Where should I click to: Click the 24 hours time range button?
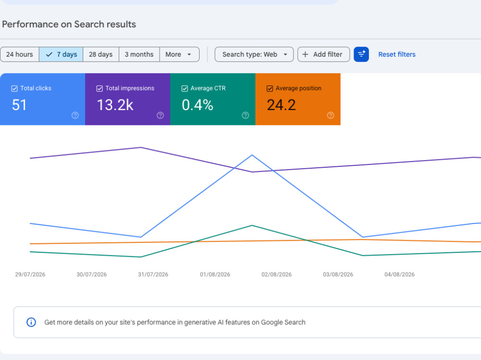pos(20,54)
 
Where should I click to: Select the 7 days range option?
pos(61,54)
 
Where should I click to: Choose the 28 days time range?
pos(101,54)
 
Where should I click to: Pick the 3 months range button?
pos(139,54)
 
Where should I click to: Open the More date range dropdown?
pos(179,54)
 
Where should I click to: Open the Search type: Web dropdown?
pos(254,54)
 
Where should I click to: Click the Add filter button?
pos(324,54)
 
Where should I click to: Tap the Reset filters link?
pos(397,54)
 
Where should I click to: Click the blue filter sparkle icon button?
pos(361,54)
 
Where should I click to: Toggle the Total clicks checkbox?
pos(14,88)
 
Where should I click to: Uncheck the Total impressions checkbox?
pos(100,88)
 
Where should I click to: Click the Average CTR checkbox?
pos(184,88)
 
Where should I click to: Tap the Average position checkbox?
pos(270,88)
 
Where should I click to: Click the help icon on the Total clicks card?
pos(75,115)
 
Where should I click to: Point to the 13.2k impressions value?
pos(115,105)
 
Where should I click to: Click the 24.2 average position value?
pos(281,105)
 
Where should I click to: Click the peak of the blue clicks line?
pos(252,155)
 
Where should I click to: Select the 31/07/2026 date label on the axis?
pos(153,274)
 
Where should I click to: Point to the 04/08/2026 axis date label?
pos(399,274)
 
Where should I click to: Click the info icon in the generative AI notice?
pos(31,323)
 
